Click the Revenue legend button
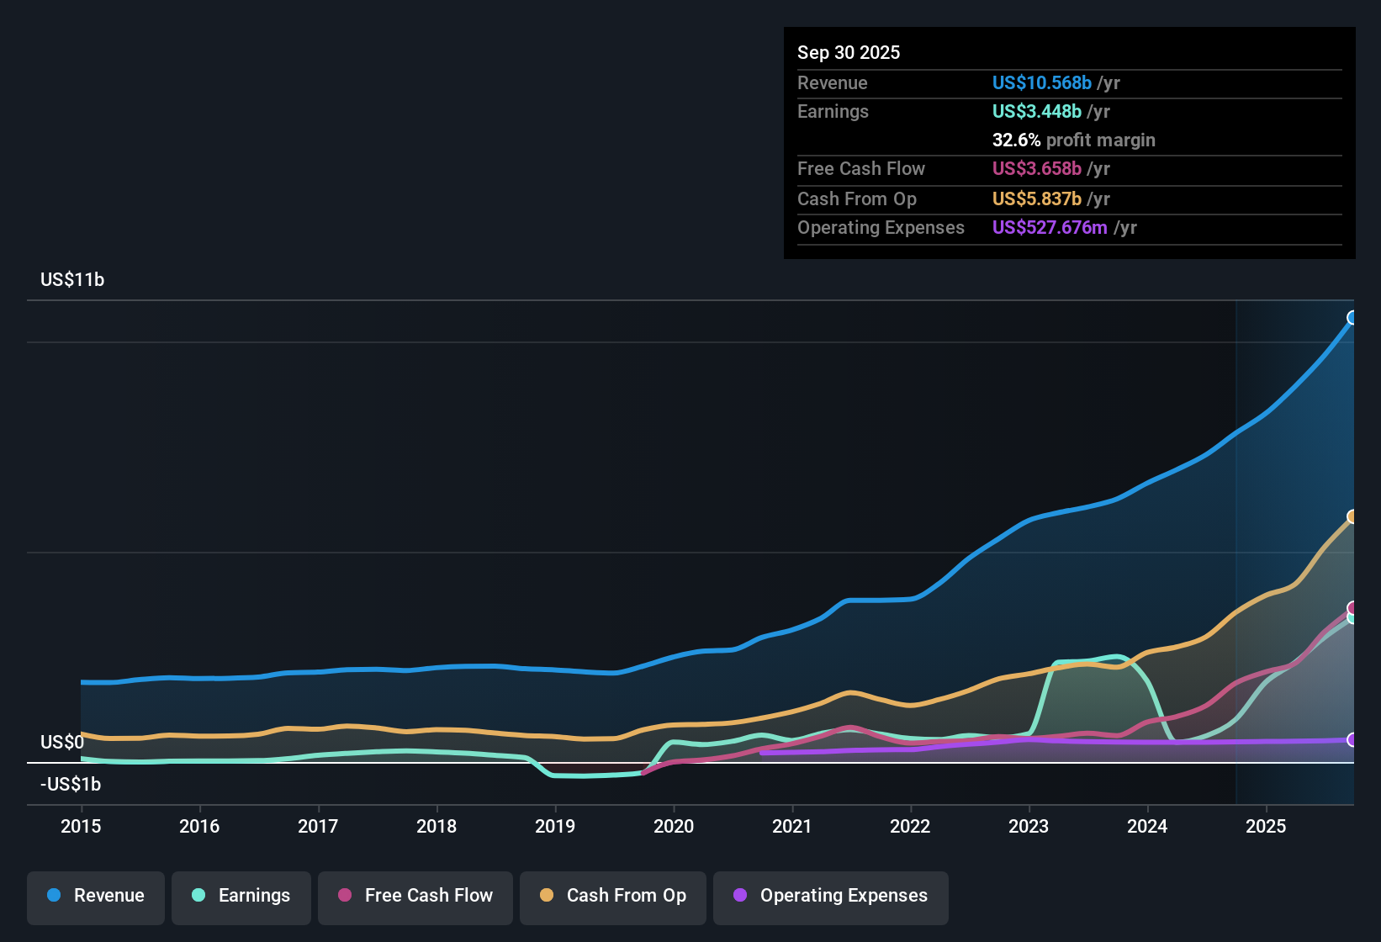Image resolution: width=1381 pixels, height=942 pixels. click(96, 896)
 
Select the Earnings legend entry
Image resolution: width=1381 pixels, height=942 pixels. click(241, 896)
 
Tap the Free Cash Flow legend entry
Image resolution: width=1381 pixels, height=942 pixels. click(415, 896)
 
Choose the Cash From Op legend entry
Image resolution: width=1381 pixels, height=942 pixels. click(613, 896)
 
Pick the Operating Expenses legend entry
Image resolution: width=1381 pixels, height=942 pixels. click(831, 896)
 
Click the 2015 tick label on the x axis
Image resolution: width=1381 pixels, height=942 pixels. click(81, 826)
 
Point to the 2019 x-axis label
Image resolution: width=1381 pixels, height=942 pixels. click(555, 826)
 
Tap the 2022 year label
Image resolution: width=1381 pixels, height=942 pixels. click(910, 826)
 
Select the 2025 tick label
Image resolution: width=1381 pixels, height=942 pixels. click(1266, 826)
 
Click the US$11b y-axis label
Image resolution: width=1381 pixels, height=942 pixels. click(72, 280)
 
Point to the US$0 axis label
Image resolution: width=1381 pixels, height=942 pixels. click(62, 742)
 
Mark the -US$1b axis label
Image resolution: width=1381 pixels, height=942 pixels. click(71, 784)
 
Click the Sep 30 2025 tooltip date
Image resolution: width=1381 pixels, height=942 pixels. click(849, 52)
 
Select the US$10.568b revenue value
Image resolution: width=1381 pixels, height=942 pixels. click(1042, 82)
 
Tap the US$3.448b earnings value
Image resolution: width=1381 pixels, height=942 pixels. click(1037, 111)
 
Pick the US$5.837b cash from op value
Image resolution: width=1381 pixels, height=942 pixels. click(1037, 198)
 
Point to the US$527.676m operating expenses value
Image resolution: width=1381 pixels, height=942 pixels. click(1050, 227)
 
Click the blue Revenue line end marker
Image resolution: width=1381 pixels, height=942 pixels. click(1352, 318)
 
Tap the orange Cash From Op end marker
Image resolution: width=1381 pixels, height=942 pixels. click(1352, 516)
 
